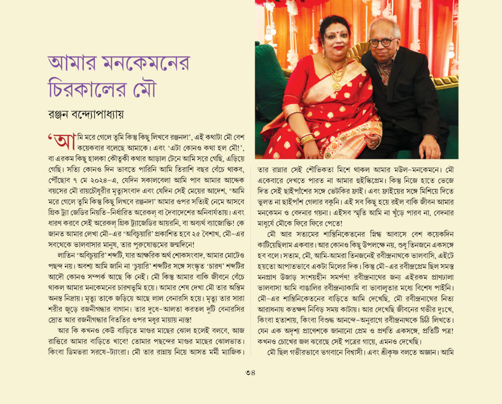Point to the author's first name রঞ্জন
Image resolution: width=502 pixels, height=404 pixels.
coord(62,115)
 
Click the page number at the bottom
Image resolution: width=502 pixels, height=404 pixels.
coord(251,372)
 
